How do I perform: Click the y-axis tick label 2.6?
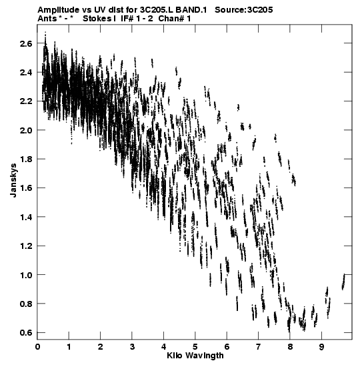point(26,43)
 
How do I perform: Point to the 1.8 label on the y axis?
point(26,159)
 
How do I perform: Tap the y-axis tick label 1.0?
point(26,275)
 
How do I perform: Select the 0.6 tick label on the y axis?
point(26,333)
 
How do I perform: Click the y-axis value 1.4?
point(26,217)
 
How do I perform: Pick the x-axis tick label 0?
point(37,347)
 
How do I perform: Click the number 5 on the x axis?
point(195,347)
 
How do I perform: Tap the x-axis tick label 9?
point(321,347)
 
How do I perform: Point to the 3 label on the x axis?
point(132,347)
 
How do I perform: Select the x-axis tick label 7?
point(259,347)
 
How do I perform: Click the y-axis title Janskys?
point(13,180)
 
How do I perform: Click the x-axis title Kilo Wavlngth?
point(195,356)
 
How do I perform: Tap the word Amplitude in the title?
point(59,10)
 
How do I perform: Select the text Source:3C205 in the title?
point(244,10)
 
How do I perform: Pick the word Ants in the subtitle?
point(47,19)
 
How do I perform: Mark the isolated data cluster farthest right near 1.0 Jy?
point(343,282)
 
